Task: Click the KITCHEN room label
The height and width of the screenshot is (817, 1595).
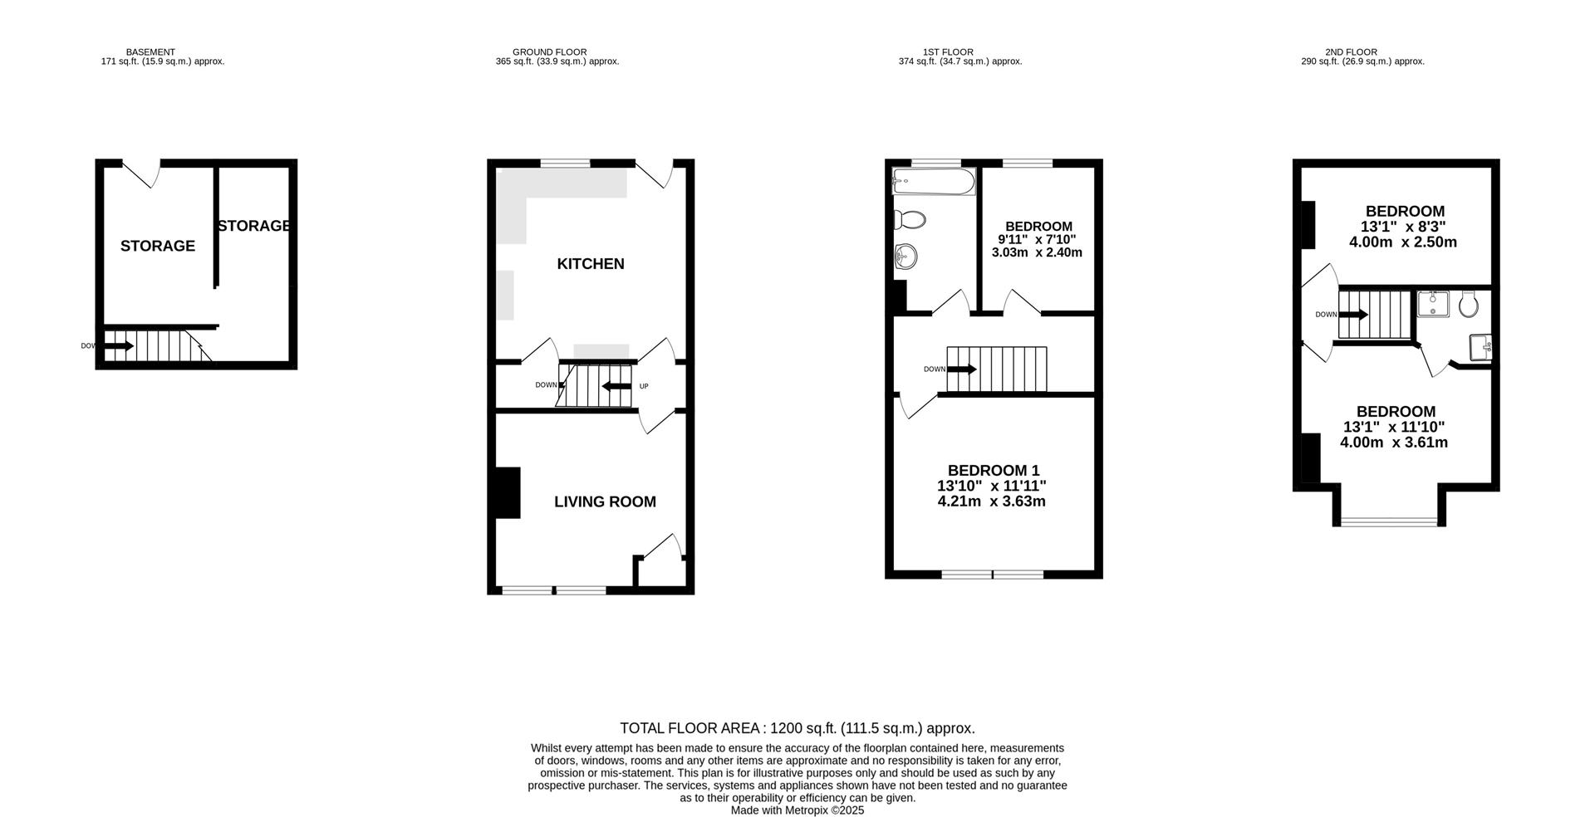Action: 590,264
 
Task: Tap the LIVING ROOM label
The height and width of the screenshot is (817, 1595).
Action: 605,501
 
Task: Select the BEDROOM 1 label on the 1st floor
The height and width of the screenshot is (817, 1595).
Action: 993,470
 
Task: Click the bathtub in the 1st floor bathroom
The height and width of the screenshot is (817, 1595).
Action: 933,182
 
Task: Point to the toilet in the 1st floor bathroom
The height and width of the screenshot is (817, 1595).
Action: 910,220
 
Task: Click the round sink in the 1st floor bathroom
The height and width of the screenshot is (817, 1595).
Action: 905,257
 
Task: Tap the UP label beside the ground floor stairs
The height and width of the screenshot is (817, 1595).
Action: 643,386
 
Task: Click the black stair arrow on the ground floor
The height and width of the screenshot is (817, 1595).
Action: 616,386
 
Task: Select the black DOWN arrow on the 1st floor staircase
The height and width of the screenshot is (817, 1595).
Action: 962,369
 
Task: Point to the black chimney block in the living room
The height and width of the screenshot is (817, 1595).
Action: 507,493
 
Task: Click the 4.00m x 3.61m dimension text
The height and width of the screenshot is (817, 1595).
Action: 1393,443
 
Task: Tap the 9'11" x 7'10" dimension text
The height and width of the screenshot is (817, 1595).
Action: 1037,239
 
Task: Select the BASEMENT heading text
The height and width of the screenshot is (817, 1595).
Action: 150,51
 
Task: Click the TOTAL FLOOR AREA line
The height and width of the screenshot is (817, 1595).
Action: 797,728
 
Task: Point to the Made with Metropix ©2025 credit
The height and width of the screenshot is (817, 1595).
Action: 797,810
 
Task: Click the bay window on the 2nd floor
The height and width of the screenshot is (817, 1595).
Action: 1389,521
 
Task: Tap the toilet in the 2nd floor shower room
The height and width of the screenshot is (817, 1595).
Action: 1468,305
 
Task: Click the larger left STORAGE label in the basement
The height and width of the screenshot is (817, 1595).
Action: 157,246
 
